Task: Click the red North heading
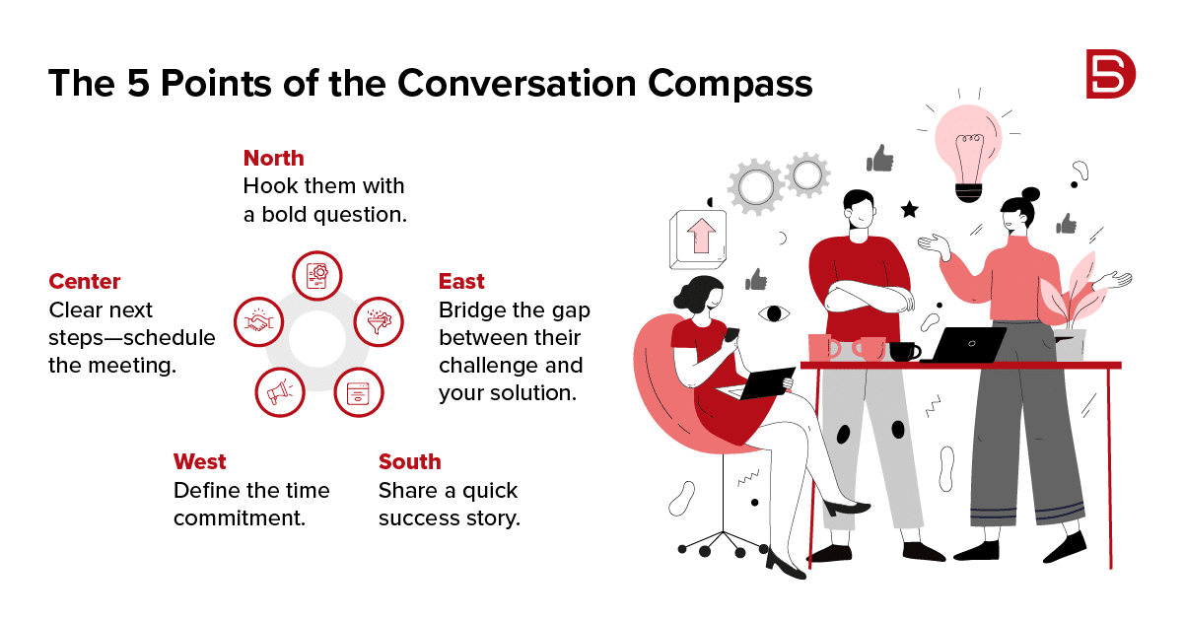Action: [x=274, y=158]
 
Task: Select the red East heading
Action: [x=461, y=281]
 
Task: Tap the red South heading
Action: [x=410, y=461]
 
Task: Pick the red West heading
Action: [x=200, y=461]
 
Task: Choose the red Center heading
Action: [x=85, y=281]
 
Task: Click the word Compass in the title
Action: [x=730, y=85]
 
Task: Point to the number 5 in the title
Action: [x=138, y=83]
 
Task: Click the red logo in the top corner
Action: [x=1110, y=74]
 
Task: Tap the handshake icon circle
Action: [x=259, y=322]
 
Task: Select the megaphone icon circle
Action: [x=280, y=392]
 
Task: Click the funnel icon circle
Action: [x=379, y=322]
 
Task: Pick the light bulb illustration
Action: [x=968, y=152]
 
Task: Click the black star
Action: [x=910, y=210]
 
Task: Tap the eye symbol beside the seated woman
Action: [x=774, y=313]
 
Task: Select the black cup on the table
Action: [x=905, y=352]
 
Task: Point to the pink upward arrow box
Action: [x=698, y=240]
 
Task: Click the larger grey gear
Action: [x=756, y=186]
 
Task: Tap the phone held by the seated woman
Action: [x=731, y=334]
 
